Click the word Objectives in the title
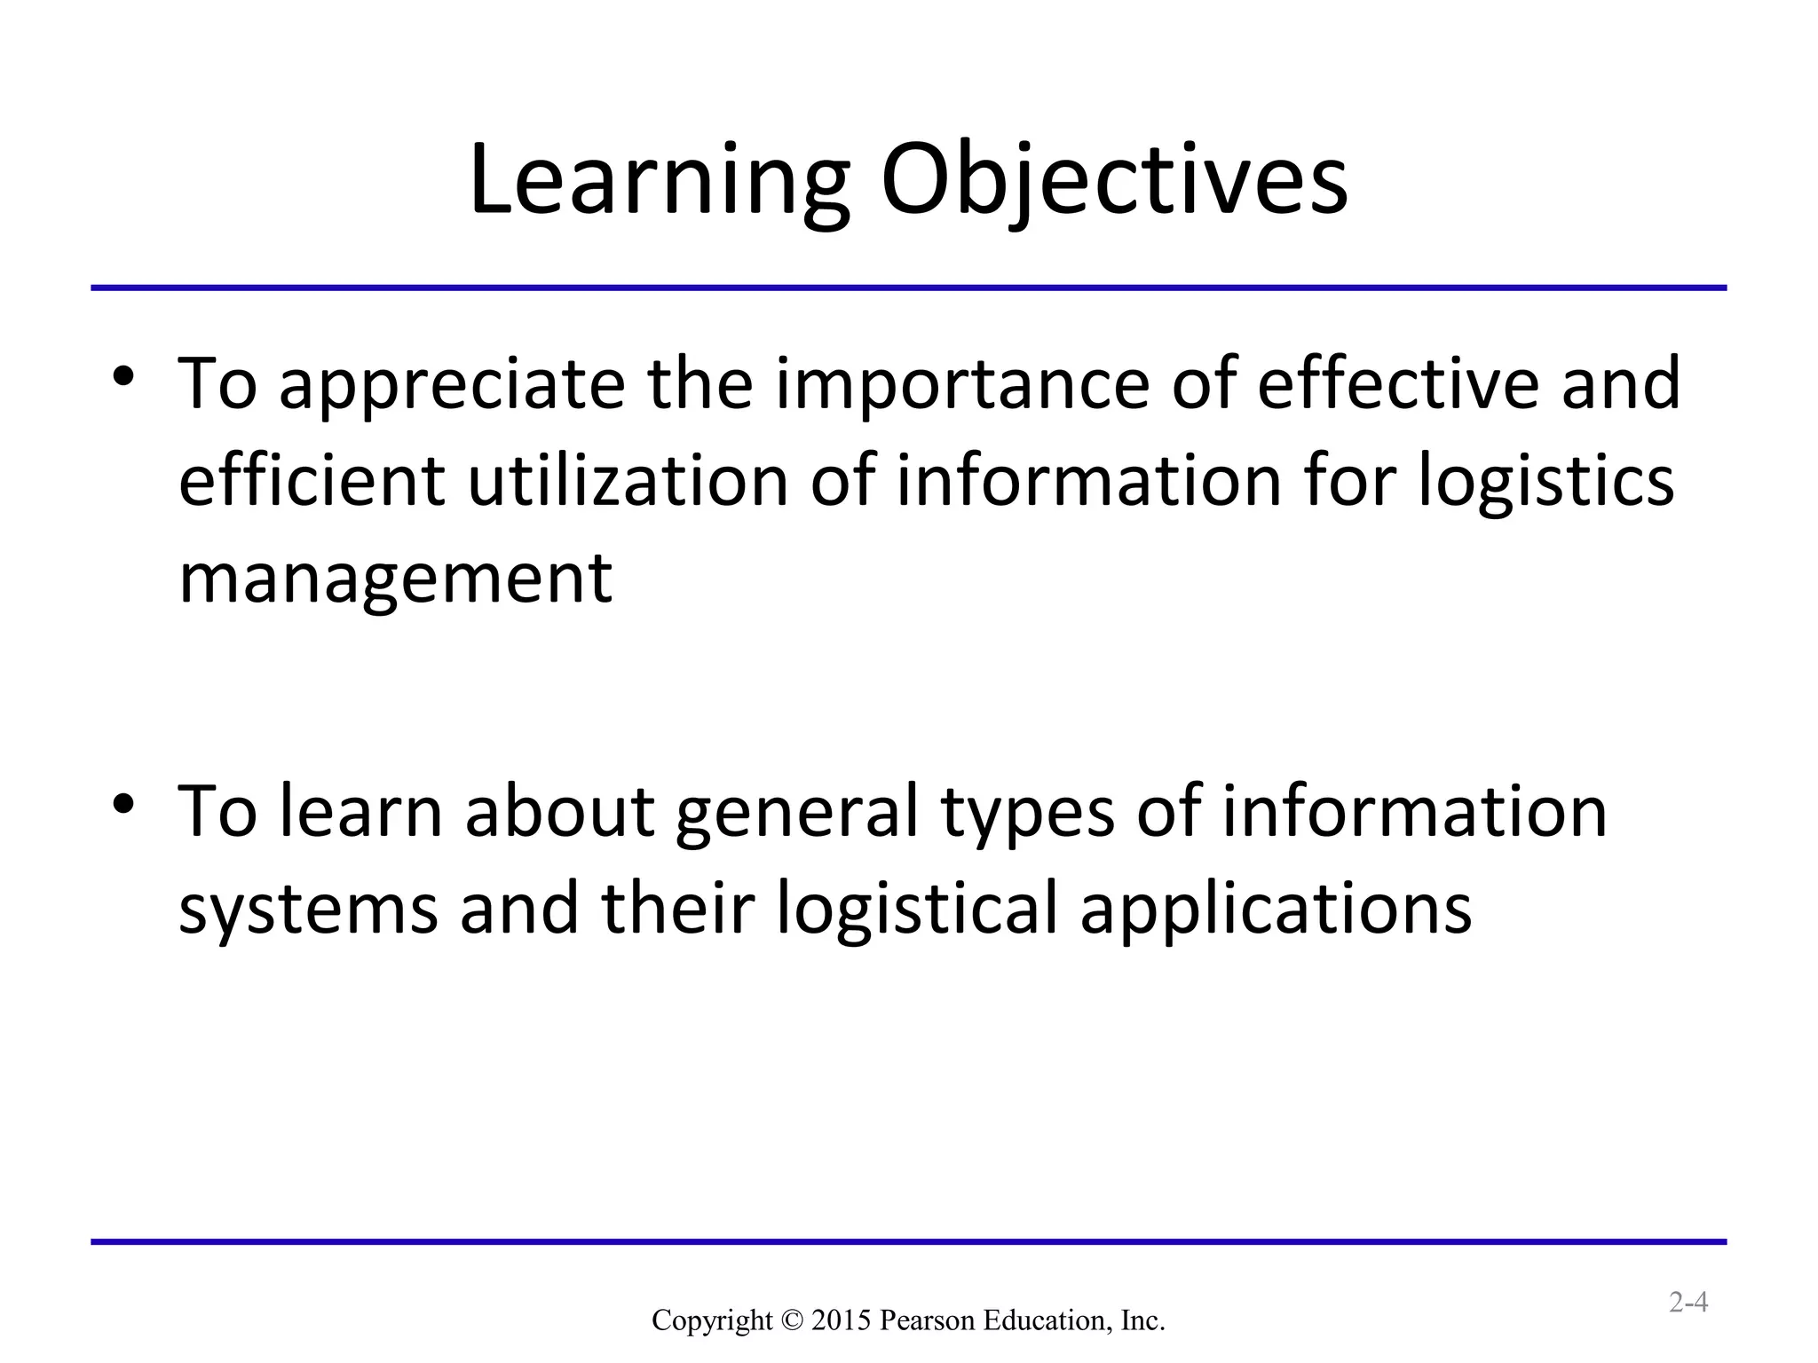point(1113,181)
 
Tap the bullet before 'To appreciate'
point(123,375)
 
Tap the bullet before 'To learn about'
point(123,804)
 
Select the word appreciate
point(452,385)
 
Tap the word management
point(395,579)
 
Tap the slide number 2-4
point(1688,1303)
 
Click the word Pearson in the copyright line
point(928,1320)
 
